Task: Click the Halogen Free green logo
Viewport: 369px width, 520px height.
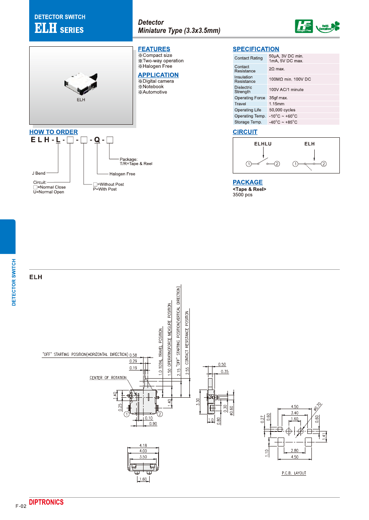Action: pos(304,27)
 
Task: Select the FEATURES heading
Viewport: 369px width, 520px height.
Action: pos(154,49)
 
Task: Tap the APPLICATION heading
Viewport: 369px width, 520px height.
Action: pos(158,75)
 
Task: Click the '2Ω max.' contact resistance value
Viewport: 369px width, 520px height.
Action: pos(277,69)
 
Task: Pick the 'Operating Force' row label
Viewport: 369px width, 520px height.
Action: pos(249,98)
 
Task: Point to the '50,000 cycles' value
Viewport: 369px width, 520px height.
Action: pos(282,110)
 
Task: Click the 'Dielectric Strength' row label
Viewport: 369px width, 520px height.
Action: pos(243,90)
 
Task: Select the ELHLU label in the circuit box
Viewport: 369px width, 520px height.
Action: pos(263,144)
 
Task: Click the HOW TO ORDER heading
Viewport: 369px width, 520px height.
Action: pos(54,132)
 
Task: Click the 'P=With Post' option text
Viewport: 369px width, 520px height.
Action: pos(105,189)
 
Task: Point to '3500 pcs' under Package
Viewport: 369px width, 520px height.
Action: pos(242,195)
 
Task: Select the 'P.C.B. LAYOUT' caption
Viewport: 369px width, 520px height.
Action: pos(294,473)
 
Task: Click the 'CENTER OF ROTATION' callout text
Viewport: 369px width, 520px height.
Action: pos(108,378)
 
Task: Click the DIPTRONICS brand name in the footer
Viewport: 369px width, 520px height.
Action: pos(46,503)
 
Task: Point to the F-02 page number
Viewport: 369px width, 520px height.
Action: pos(21,506)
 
